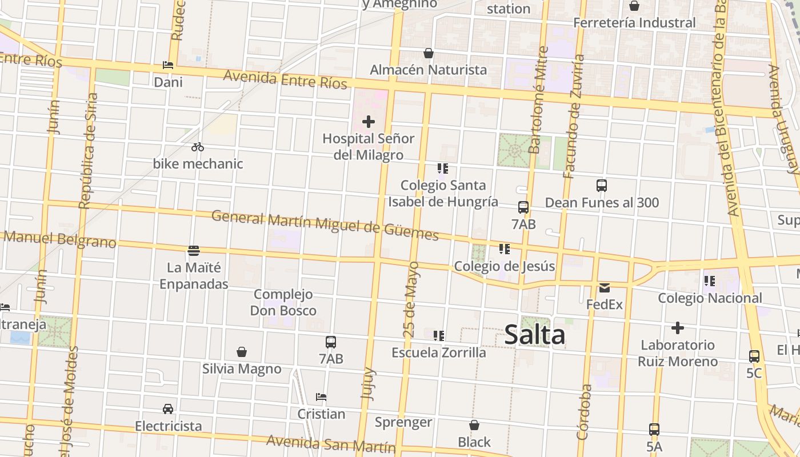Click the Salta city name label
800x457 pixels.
[535, 335]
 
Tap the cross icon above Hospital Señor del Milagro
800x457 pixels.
[369, 121]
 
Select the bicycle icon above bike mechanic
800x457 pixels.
[198, 147]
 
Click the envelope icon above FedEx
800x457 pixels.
[605, 287]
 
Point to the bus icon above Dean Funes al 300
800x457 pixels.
[602, 186]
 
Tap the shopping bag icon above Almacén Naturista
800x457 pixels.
[429, 53]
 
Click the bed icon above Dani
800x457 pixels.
[168, 65]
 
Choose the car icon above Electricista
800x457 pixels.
[168, 409]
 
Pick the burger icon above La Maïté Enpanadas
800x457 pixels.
[194, 250]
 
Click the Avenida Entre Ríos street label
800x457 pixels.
[285, 80]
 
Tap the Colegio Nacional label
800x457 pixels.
[710, 298]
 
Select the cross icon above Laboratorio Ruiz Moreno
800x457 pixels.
[677, 328]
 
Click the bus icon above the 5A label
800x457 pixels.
[654, 429]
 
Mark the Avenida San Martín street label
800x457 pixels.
[331, 443]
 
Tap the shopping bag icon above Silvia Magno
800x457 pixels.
[242, 352]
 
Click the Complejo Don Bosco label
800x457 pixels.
[283, 302]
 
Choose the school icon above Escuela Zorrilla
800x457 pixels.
[439, 335]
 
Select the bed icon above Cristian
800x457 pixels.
[321, 397]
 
